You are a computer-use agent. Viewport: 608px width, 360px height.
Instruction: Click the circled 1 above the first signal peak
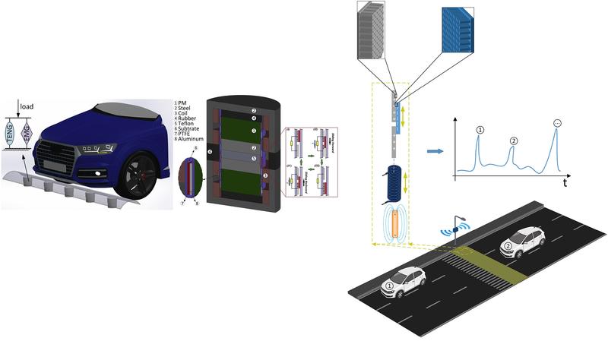pyautogui.click(x=480, y=130)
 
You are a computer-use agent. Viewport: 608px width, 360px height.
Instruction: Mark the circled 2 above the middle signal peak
pyautogui.click(x=513, y=141)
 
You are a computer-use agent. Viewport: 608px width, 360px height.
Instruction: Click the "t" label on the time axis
pyautogui.click(x=565, y=183)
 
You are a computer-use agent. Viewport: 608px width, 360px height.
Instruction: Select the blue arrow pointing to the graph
pyautogui.click(x=434, y=152)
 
